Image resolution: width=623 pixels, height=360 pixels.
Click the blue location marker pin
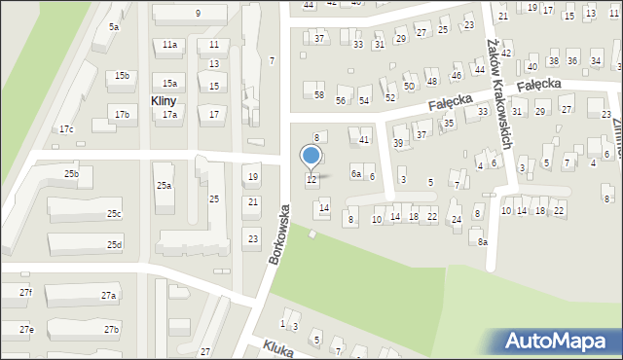[x=311, y=156]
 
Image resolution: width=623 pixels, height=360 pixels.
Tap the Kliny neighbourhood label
[x=163, y=100]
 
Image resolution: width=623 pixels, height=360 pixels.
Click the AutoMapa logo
[x=555, y=341]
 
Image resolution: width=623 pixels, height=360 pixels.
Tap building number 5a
[x=114, y=27]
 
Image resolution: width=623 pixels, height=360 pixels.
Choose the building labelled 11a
[x=170, y=45]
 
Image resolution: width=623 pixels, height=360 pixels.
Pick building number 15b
[x=122, y=76]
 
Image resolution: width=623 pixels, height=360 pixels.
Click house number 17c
[x=66, y=129]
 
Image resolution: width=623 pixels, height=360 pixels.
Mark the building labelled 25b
[x=71, y=173]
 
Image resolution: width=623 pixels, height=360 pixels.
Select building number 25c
[x=114, y=214]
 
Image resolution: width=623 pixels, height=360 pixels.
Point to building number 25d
[x=114, y=244]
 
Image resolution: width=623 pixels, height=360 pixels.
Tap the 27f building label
[x=25, y=293]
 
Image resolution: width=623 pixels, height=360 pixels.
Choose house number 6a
[x=356, y=174]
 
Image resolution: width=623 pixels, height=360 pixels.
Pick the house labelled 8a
[x=482, y=240]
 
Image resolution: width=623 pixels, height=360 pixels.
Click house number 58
[x=318, y=94]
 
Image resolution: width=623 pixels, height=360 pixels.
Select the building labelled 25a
[x=164, y=185]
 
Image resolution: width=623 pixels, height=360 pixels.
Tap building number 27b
[x=111, y=330]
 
